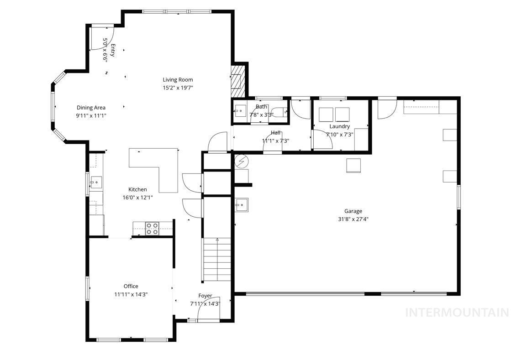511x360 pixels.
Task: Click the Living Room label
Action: [178, 80]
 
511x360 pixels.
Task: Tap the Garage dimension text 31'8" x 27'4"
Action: [353, 219]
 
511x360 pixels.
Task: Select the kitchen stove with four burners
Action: [152, 228]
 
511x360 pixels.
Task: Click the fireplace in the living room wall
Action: [237, 81]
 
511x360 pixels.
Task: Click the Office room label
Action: [131, 287]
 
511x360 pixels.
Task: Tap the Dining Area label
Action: [91, 108]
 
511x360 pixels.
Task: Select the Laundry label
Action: [339, 126]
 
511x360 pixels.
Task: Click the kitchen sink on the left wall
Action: [96, 183]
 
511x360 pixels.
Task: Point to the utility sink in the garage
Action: [242, 205]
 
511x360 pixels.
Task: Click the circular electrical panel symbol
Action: [241, 161]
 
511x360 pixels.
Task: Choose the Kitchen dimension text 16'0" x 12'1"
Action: [137, 198]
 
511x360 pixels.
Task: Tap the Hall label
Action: [276, 133]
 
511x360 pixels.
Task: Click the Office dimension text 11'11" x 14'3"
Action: [131, 295]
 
